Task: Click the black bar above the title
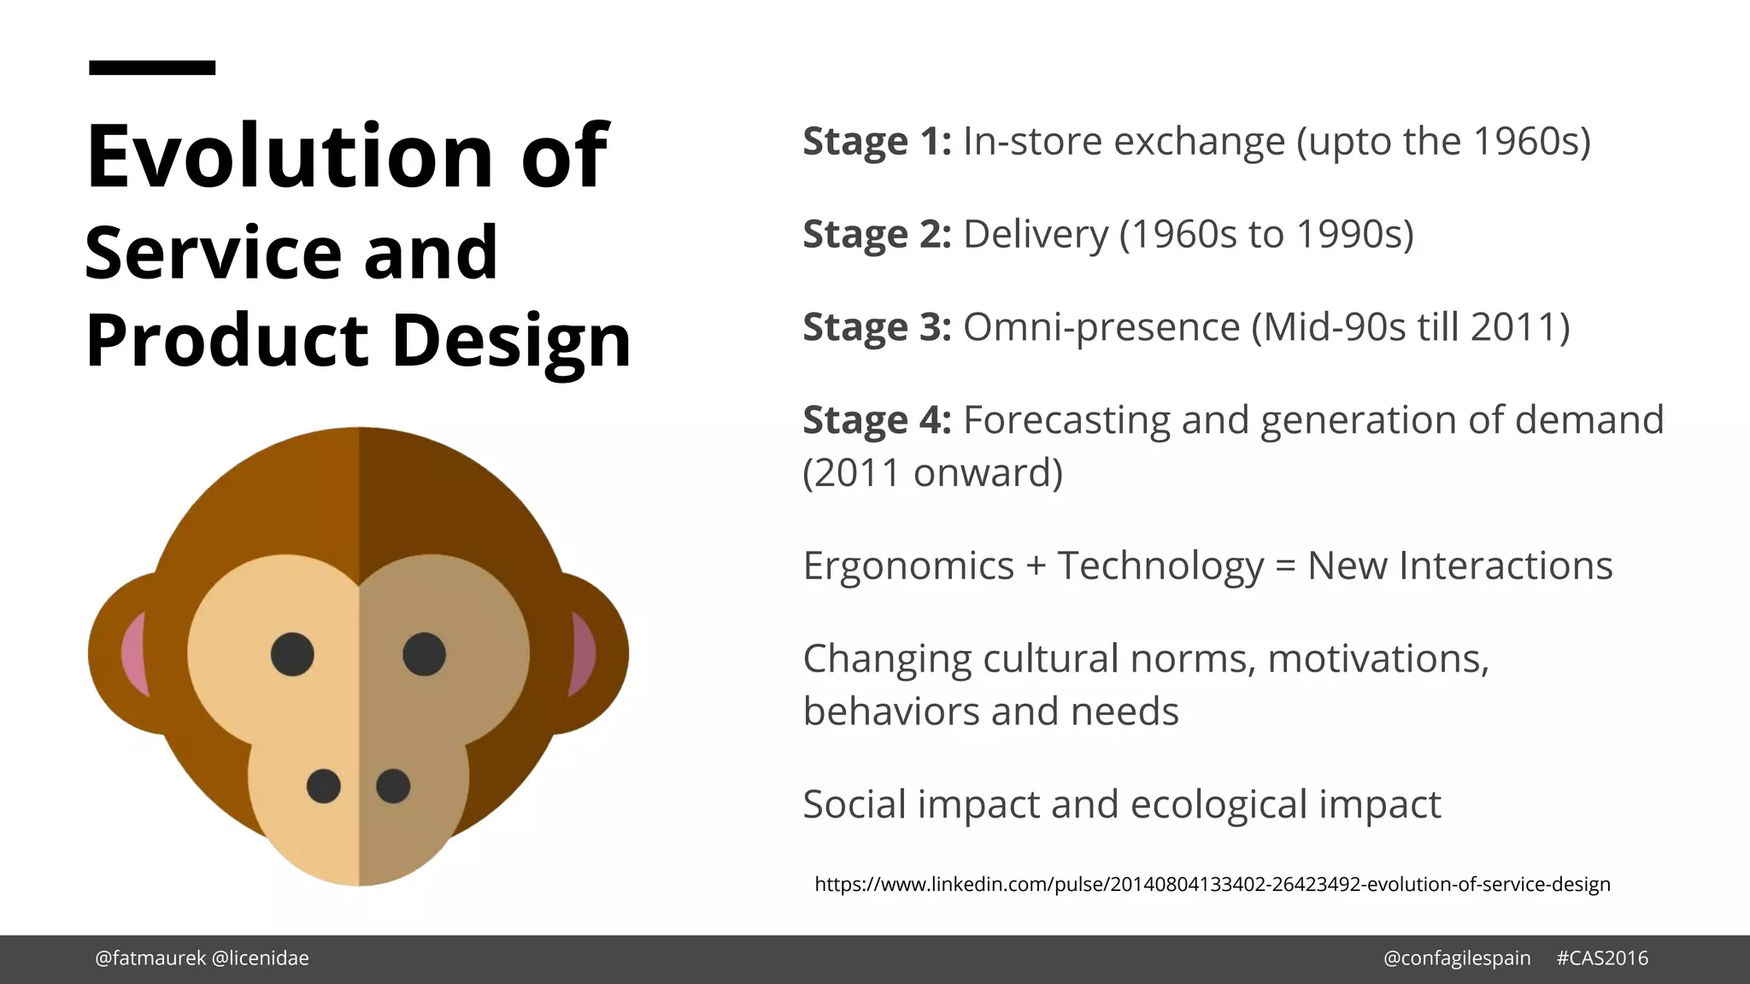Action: (x=152, y=67)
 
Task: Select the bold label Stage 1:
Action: (x=877, y=142)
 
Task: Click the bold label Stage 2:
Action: (x=877, y=235)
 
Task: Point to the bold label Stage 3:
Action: (x=877, y=328)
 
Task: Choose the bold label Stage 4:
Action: (x=877, y=421)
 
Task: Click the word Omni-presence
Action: (x=1101, y=328)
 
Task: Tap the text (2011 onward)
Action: (x=932, y=473)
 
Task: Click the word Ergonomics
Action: (x=908, y=566)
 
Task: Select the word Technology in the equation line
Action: (x=1160, y=566)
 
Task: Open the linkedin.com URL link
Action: (x=1212, y=885)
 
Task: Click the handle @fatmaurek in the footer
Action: (x=150, y=958)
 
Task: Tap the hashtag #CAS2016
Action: (x=1601, y=958)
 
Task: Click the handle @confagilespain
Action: (x=1457, y=958)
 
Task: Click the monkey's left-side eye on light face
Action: (x=292, y=654)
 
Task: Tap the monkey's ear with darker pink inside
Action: (x=590, y=653)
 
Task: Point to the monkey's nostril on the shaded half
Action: (x=393, y=786)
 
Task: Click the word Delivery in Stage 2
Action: (x=1036, y=235)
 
